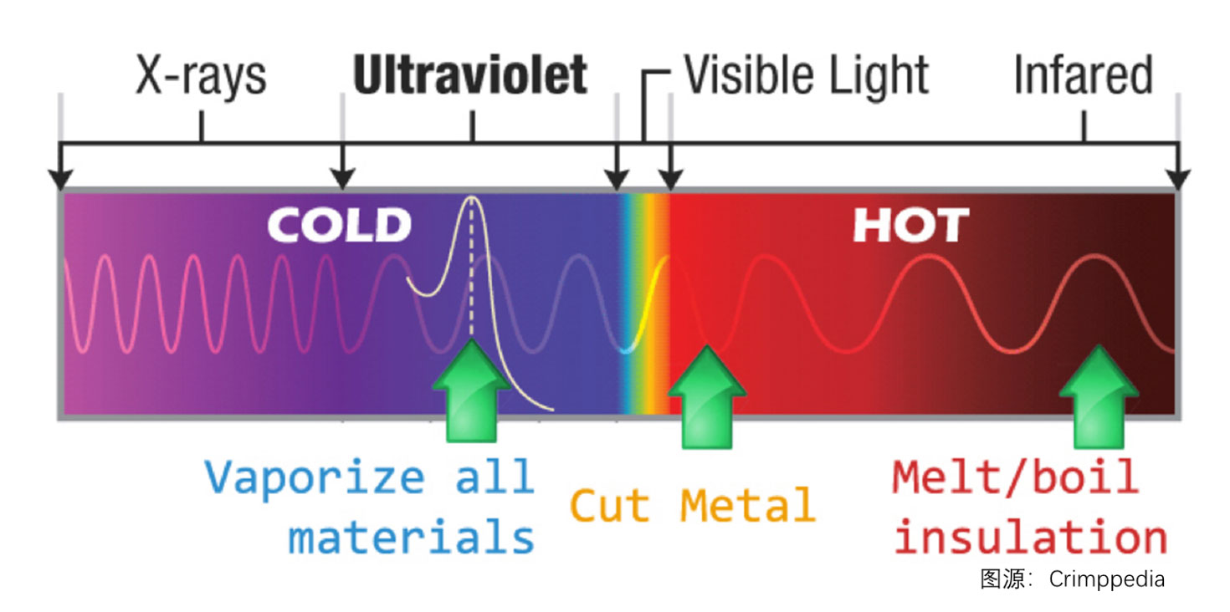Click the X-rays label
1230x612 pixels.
click(x=201, y=76)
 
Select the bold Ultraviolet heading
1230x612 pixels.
click(x=470, y=74)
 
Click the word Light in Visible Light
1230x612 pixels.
click(x=879, y=77)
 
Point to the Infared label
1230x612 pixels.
click(x=1083, y=74)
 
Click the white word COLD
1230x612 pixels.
click(x=340, y=225)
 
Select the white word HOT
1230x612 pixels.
click(x=911, y=225)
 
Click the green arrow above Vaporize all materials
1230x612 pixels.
click(x=472, y=390)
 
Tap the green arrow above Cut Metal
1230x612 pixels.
click(x=707, y=396)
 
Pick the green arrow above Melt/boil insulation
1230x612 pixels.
click(x=1099, y=396)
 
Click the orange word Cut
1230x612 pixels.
click(x=610, y=505)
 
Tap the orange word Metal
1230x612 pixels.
click(x=748, y=505)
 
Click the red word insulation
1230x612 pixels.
click(x=1031, y=537)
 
